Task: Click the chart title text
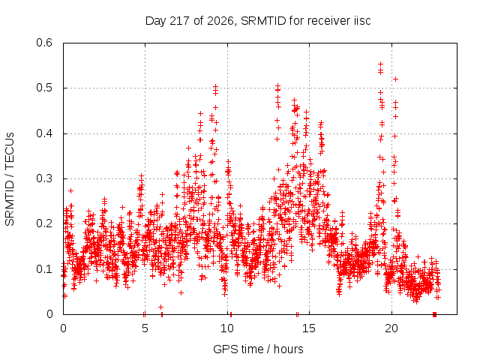pyautogui.click(x=258, y=21)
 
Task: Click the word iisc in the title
pyautogui.click(x=362, y=20)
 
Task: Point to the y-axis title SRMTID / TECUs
pyautogui.click(x=10, y=179)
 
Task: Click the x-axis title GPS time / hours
pyautogui.click(x=258, y=349)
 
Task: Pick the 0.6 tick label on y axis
pyautogui.click(x=44, y=43)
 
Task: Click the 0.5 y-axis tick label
pyautogui.click(x=44, y=88)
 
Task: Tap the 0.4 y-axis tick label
pyautogui.click(x=44, y=133)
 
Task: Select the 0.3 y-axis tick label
pyautogui.click(x=44, y=178)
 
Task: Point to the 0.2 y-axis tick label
pyautogui.click(x=44, y=223)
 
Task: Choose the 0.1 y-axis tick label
pyautogui.click(x=44, y=269)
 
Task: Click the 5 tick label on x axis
pyautogui.click(x=145, y=328)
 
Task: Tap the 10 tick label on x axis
pyautogui.click(x=227, y=328)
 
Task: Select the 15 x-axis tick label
pyautogui.click(x=309, y=328)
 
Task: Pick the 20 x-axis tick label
pyautogui.click(x=391, y=328)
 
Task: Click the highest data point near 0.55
pyautogui.click(x=380, y=64)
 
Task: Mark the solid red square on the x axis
pyautogui.click(x=434, y=314)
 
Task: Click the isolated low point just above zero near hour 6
pyautogui.click(x=160, y=307)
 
